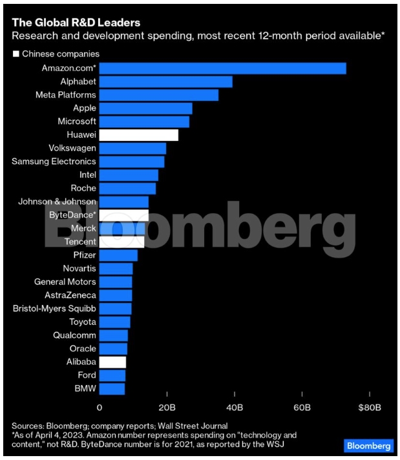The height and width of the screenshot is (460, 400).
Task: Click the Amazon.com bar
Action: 223,68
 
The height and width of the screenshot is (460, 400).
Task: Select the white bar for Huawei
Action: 139,135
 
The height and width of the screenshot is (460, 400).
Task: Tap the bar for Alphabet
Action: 166,81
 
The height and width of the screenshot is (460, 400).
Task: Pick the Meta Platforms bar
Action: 159,95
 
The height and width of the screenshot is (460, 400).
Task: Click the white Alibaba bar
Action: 113,362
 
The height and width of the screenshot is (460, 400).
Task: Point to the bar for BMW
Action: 112,388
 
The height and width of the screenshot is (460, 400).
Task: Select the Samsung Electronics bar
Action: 132,162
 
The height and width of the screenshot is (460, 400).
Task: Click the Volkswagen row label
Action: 72,148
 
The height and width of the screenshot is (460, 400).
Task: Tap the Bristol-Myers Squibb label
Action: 54,308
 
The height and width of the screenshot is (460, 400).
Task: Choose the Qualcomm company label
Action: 74,335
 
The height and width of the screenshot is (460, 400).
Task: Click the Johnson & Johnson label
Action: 57,202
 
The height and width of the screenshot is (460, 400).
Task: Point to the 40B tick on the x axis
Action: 235,408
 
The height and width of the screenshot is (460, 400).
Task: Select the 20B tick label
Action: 167,408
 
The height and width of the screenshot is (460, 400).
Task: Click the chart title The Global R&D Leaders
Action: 76,23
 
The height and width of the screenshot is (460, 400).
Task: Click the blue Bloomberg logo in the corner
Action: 368,446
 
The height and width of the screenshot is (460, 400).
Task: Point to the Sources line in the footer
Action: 120,426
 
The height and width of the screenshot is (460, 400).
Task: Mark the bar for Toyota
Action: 115,322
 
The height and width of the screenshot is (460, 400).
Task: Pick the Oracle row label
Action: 83,348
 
